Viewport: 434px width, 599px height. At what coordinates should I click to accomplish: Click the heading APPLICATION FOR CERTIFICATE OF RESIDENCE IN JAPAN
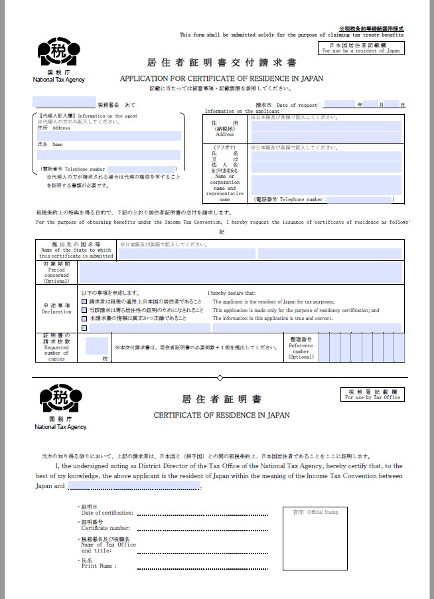pyautogui.click(x=222, y=78)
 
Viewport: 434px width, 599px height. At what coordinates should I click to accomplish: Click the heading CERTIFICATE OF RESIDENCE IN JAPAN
pyautogui.click(x=222, y=416)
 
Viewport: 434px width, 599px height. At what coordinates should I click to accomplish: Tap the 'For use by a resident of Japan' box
pyautogui.click(x=361, y=48)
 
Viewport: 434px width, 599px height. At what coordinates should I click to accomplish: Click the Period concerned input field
pyautogui.click(x=240, y=272)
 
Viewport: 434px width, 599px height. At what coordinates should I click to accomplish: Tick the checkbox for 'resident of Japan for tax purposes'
pyautogui.click(x=84, y=301)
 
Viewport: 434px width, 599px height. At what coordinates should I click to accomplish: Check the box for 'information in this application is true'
pyautogui.click(x=84, y=319)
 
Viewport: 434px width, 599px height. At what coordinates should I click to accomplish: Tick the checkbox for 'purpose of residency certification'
pyautogui.click(x=84, y=310)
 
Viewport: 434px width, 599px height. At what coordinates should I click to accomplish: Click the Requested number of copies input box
pyautogui.click(x=97, y=346)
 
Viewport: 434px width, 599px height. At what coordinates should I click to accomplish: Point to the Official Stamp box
pyautogui.click(x=314, y=539)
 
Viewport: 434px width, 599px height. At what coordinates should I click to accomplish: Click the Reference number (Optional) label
pyautogui.click(x=301, y=347)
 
